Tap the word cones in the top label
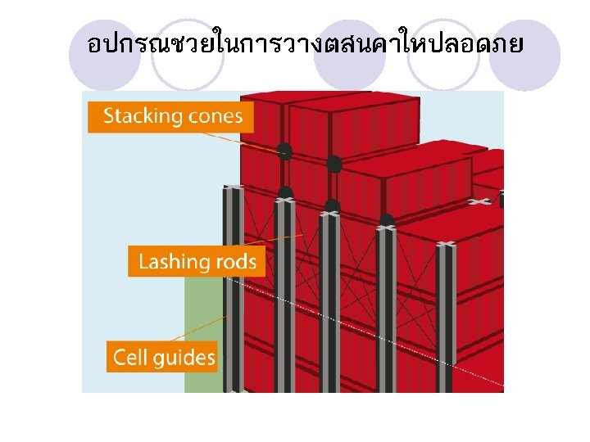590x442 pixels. point(214,115)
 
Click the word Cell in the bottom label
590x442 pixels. point(129,357)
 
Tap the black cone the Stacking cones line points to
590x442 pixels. point(284,151)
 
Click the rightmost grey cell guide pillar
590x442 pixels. point(447,319)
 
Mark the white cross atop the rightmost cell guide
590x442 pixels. point(446,243)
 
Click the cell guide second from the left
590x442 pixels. point(284,295)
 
